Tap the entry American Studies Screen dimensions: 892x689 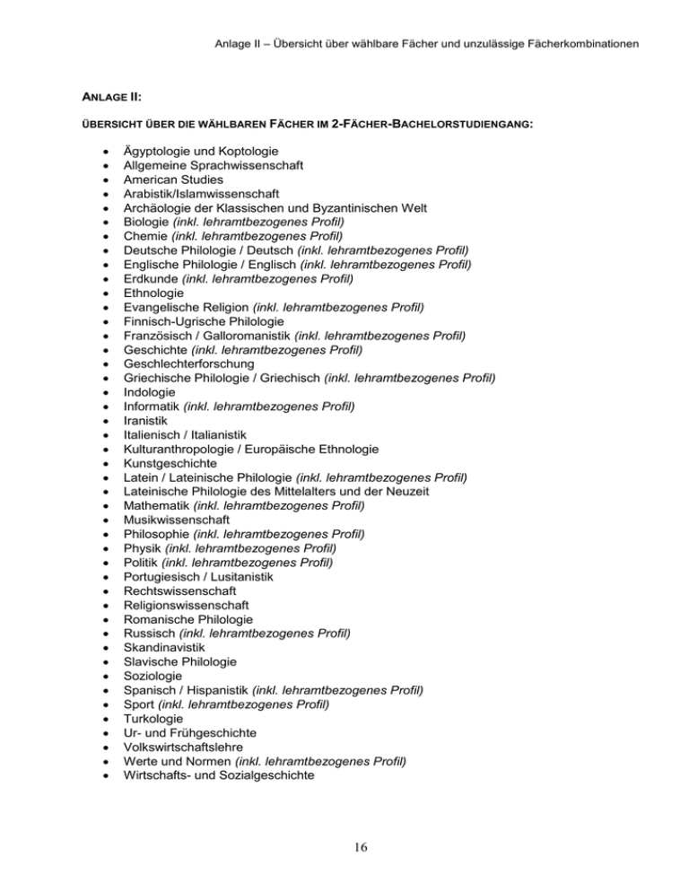(167, 179)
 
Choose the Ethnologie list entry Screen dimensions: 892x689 (153, 293)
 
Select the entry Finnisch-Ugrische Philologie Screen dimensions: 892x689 (204, 321)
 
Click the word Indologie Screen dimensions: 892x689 (149, 392)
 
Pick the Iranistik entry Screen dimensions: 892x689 (144, 421)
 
